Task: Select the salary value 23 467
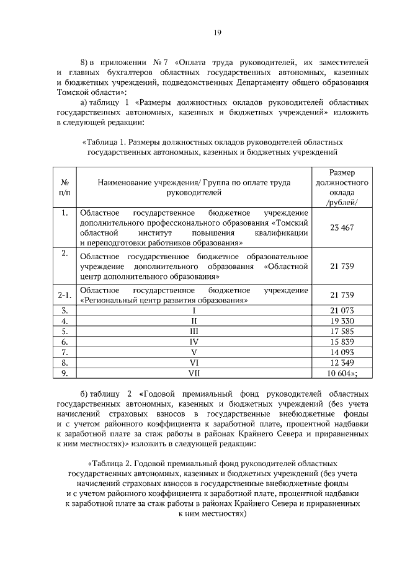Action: tap(342, 227)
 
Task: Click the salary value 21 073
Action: tap(342, 310)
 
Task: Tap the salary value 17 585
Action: tap(342, 331)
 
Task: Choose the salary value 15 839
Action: tap(342, 342)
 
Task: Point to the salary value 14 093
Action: tap(342, 352)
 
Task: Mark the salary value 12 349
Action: tap(342, 363)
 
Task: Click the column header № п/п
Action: tap(65, 188)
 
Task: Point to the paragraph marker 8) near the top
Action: tap(86, 63)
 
